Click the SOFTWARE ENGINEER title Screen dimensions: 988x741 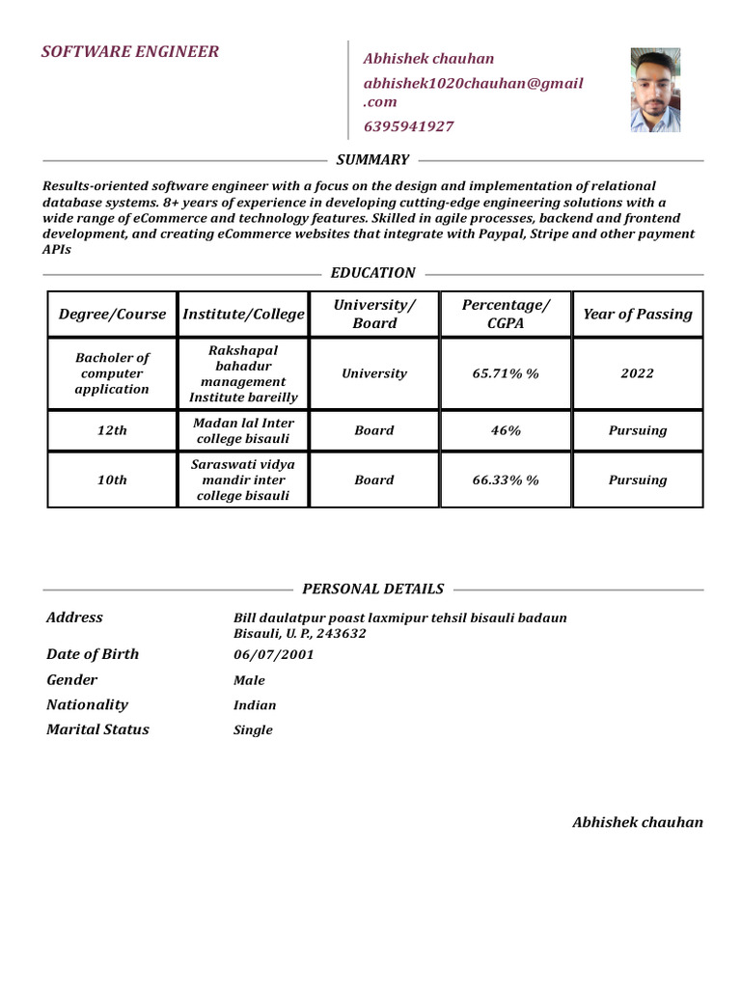tap(130, 52)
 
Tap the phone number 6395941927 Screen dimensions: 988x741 tap(408, 126)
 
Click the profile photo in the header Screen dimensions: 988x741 tap(655, 91)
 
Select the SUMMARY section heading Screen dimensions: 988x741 tap(372, 160)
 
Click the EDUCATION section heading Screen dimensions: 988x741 tap(372, 273)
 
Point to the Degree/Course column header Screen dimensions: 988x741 tap(113, 315)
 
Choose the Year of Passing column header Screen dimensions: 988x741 tap(637, 315)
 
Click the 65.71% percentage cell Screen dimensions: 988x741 tap(506, 373)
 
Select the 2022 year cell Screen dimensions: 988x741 tap(637, 373)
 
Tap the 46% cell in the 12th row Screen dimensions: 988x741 tap(506, 431)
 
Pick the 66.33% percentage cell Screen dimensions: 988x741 tap(506, 480)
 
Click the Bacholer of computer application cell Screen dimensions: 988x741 tap(113, 373)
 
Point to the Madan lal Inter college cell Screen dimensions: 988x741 tap(243, 431)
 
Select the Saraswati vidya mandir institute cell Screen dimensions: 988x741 tap(243, 480)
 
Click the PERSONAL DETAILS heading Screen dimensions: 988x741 tap(372, 590)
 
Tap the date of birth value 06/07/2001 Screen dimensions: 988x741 tap(273, 655)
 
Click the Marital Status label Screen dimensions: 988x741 tap(97, 729)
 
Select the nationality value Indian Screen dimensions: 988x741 tap(255, 705)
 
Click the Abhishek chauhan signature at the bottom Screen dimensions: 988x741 tap(637, 823)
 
